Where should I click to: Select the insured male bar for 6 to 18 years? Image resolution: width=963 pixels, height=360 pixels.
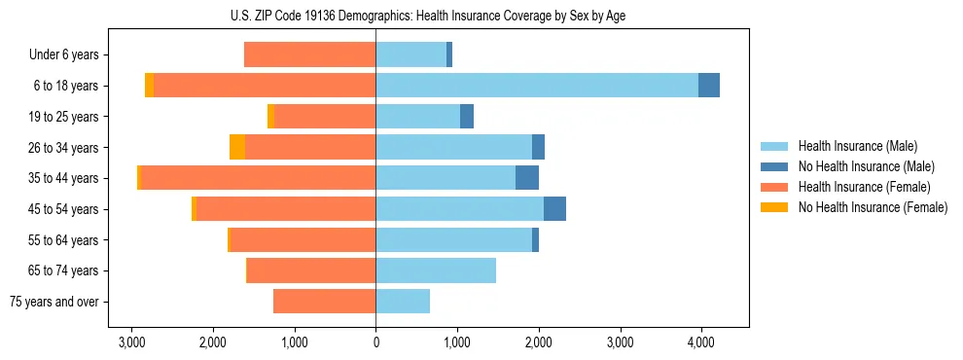pos(536,86)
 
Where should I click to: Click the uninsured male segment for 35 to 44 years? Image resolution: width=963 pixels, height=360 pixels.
pos(526,178)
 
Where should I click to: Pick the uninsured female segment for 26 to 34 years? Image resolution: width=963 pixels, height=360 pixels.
pos(237,147)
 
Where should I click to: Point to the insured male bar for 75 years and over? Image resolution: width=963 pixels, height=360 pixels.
pos(403,302)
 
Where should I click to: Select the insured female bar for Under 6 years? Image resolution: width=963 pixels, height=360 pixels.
pos(309,54)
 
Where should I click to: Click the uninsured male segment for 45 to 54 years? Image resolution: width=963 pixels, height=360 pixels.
pos(554,209)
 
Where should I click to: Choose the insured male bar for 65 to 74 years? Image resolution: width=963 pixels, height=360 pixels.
pos(436,270)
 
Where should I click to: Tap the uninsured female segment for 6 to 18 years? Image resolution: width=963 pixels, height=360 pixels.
pos(149,86)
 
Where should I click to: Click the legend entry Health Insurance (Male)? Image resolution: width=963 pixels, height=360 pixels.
pos(857,146)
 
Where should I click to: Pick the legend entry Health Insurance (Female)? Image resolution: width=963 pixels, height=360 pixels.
pos(864,187)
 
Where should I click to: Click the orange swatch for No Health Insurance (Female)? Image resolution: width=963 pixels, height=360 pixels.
pos(775,207)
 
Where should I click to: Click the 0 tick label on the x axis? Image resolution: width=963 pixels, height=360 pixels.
pos(375,342)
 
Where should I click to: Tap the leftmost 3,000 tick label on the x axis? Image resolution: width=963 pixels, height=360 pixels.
pos(131,342)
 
